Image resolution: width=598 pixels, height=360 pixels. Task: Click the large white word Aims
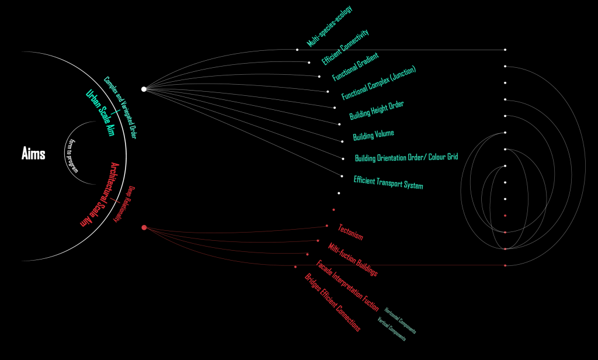(33, 154)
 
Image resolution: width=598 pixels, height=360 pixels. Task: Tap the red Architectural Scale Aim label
(96, 195)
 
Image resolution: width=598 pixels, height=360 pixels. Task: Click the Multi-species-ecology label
(330, 26)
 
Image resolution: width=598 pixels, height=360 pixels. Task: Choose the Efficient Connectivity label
(345, 47)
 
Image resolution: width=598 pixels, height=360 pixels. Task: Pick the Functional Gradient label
(356, 67)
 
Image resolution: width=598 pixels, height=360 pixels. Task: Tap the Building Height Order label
(377, 110)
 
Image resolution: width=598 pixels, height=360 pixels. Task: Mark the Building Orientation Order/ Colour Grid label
(406, 158)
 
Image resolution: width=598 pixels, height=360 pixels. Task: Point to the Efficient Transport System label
(388, 182)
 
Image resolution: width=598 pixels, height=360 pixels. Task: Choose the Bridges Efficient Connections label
(332, 302)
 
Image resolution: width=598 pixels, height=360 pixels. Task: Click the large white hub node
(144, 89)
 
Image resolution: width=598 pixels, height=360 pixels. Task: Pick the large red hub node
(144, 227)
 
